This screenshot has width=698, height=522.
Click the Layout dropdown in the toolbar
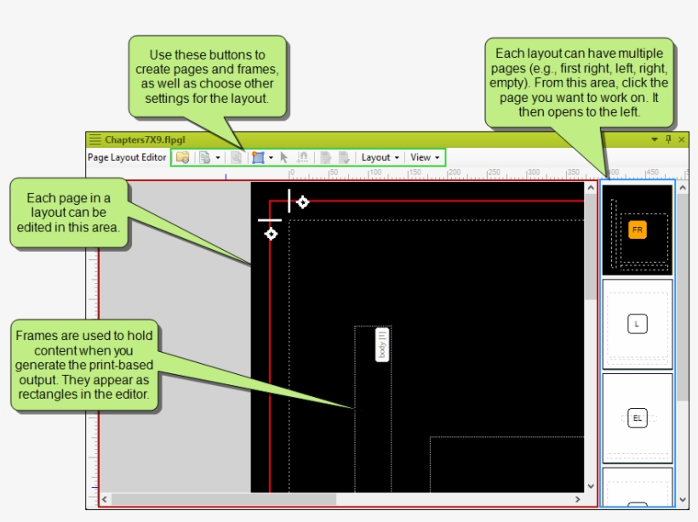(380, 157)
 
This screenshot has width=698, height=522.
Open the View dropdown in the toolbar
(425, 157)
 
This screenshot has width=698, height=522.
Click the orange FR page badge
(637, 230)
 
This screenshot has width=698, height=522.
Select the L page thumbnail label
(637, 324)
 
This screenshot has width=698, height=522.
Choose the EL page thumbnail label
(637, 417)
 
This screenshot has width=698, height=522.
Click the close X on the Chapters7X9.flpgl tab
(681, 139)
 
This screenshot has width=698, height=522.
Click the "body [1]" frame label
(382, 344)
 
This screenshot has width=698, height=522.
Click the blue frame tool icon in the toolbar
(258, 157)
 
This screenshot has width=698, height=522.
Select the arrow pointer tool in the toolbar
(284, 157)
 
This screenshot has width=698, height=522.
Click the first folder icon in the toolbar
(182, 157)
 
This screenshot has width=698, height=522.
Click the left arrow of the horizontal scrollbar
(105, 499)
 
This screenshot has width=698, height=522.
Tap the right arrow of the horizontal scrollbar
(580, 499)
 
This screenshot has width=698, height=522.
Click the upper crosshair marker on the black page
(302, 201)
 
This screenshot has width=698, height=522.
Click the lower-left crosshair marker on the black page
(271, 233)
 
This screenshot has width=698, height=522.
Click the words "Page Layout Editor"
(127, 157)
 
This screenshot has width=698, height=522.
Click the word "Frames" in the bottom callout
(36, 336)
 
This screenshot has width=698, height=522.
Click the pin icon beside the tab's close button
(668, 139)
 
